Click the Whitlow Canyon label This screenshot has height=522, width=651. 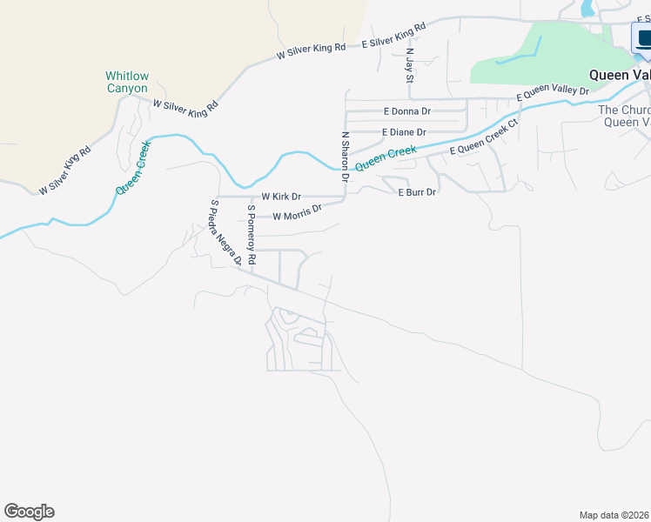[127, 82]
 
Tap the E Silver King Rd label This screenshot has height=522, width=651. [393, 36]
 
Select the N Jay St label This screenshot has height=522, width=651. [410, 64]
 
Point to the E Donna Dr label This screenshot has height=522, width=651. [407, 111]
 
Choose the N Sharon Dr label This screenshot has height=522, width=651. [346, 157]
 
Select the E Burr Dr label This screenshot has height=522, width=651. [416, 191]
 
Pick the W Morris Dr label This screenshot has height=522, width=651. [297, 212]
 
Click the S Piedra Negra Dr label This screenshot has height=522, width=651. [225, 233]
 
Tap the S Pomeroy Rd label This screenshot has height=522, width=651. [251, 234]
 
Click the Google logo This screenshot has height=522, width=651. [29, 512]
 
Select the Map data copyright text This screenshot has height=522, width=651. [614, 515]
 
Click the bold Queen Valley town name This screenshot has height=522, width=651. [620, 75]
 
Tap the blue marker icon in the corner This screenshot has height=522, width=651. [641, 39]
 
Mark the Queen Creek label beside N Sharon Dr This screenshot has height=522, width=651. [386, 157]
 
